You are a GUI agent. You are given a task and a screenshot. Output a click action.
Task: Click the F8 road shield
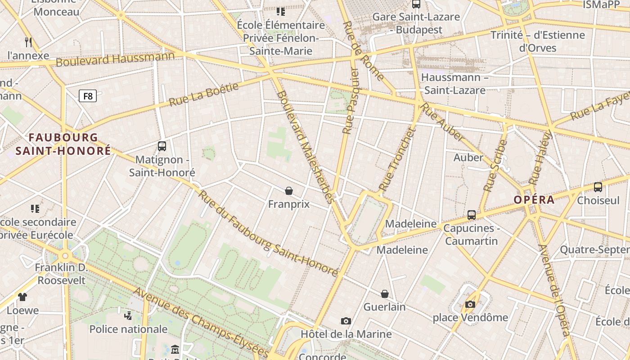(88, 96)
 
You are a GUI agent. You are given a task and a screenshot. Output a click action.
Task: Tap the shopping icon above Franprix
(289, 191)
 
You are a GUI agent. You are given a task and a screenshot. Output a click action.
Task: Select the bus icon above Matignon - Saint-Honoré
(162, 146)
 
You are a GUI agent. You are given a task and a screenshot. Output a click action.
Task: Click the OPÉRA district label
(534, 200)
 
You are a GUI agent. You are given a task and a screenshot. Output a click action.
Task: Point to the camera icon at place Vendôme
(470, 305)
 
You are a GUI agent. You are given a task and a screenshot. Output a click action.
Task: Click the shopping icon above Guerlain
(385, 294)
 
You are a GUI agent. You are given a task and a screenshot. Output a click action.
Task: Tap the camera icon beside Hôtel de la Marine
(346, 321)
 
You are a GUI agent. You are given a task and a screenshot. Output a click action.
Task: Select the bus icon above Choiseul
(598, 187)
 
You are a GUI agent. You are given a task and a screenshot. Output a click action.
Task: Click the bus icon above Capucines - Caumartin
(471, 215)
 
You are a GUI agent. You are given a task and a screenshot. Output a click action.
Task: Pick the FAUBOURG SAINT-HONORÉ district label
(63, 144)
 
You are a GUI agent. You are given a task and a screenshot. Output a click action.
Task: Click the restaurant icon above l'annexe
(28, 42)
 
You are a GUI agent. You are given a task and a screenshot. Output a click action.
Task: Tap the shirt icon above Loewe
(22, 297)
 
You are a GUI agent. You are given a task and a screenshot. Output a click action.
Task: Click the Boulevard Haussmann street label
(115, 59)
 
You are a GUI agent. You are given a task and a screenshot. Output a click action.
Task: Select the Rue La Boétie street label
(203, 94)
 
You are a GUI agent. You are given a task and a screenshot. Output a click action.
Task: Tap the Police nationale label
(128, 329)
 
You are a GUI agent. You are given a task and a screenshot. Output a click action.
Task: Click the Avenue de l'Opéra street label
(555, 290)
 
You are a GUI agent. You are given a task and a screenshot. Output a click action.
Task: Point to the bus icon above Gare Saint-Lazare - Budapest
(416, 4)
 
